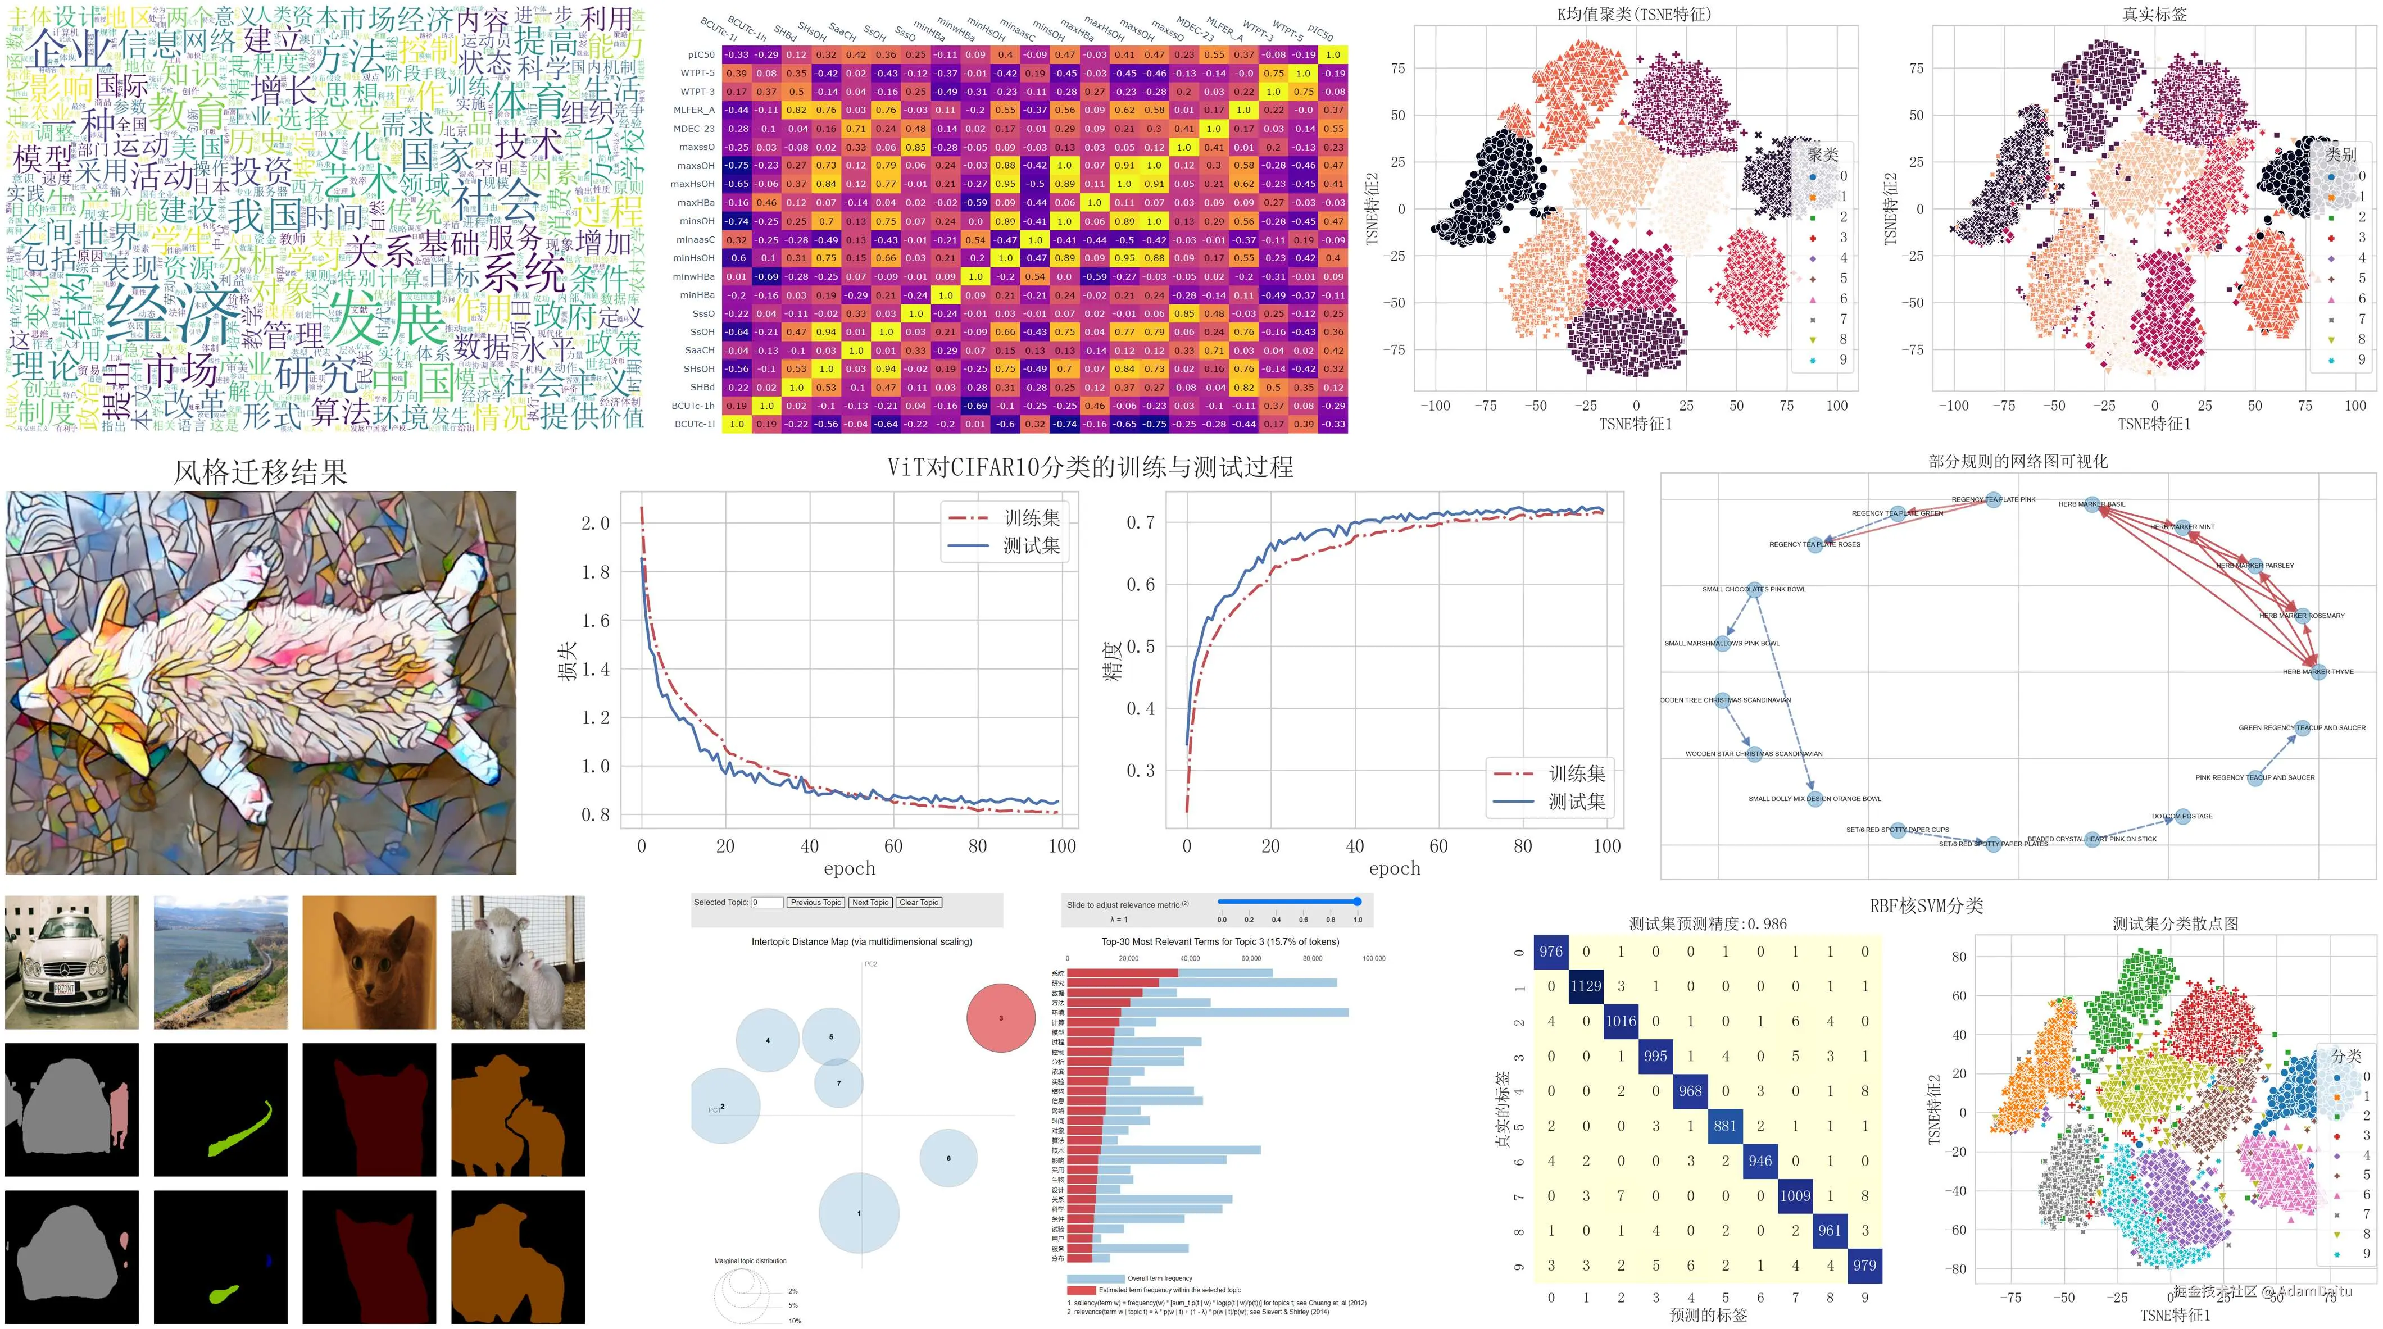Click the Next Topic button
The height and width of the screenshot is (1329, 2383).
(x=870, y=903)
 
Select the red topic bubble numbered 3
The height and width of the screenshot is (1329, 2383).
(x=1000, y=1018)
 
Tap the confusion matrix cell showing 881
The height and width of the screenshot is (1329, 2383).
(x=1725, y=1126)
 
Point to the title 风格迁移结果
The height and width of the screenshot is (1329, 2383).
(x=260, y=472)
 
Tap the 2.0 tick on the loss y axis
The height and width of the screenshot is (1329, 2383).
(x=595, y=524)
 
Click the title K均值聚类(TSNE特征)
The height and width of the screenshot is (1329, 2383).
(x=1635, y=14)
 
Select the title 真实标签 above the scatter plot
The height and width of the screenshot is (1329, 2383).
(x=2154, y=14)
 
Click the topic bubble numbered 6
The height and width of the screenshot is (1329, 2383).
(x=948, y=1158)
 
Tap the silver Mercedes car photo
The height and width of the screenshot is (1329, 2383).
(x=71, y=962)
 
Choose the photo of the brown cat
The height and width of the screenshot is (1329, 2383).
(x=369, y=962)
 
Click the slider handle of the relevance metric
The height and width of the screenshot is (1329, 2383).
(x=1357, y=902)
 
